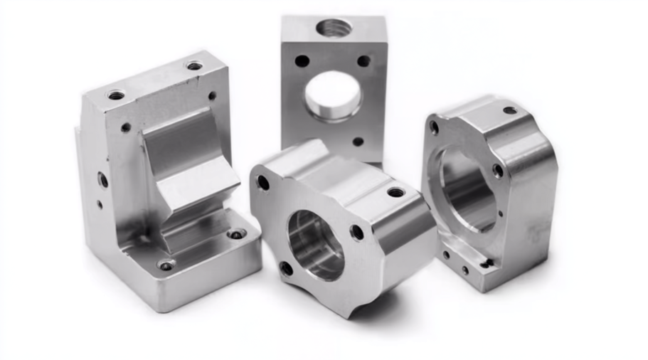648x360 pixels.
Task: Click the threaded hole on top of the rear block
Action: (x=334, y=29)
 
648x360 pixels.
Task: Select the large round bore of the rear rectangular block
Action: (x=334, y=95)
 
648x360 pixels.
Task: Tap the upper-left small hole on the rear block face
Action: (x=302, y=61)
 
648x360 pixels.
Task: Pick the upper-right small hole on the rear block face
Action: (x=363, y=61)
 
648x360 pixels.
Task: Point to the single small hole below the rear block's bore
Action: (x=358, y=142)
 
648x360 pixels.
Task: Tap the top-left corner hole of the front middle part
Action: (x=263, y=183)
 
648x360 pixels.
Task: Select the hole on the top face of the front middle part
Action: (x=396, y=192)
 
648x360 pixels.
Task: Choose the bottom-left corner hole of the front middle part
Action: (x=285, y=268)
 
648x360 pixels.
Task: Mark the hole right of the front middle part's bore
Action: (x=356, y=232)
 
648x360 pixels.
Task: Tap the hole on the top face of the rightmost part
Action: (x=510, y=110)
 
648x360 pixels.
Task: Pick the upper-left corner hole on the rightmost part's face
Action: (x=434, y=128)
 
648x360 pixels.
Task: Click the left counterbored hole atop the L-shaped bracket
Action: (x=116, y=95)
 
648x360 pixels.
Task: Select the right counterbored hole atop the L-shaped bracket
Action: (x=194, y=66)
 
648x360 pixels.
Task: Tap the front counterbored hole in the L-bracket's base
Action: (x=166, y=265)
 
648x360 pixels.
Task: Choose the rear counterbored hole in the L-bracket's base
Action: (x=236, y=233)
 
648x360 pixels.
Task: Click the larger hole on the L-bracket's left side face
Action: (x=104, y=180)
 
